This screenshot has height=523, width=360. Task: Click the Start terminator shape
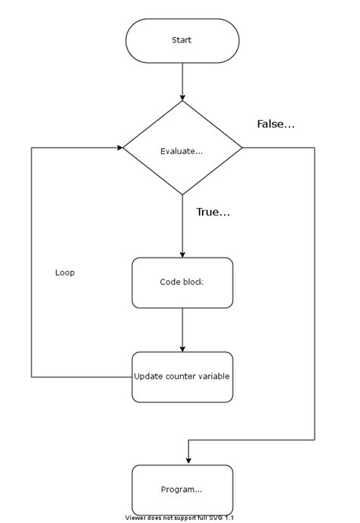(x=182, y=40)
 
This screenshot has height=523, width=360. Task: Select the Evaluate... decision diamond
(x=182, y=150)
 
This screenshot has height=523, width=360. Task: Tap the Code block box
(x=182, y=282)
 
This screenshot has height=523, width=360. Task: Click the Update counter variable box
(x=182, y=376)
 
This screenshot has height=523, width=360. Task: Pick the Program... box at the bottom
(x=182, y=490)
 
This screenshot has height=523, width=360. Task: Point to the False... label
(x=276, y=124)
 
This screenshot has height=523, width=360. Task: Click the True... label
(x=213, y=213)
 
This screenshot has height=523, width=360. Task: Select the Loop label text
(x=65, y=273)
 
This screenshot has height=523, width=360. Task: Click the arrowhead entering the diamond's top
(x=182, y=97)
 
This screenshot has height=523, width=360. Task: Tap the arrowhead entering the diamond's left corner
(x=119, y=147)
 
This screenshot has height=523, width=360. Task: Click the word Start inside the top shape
(x=182, y=40)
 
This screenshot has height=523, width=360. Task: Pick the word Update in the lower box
(x=148, y=376)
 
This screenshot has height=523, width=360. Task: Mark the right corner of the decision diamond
(x=242, y=147)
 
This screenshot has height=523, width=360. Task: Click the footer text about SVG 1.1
(x=180, y=518)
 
